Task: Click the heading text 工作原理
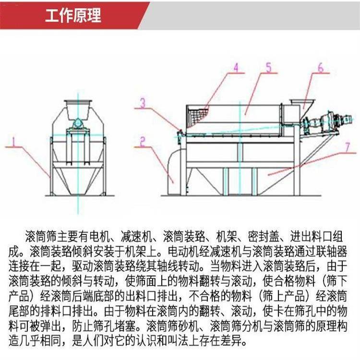coord(73,15)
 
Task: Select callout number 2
coord(143,142)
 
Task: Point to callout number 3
coord(143,103)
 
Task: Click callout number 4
coord(236,68)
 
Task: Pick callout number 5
coord(268,67)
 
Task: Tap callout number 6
coord(320,67)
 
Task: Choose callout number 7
coord(348,147)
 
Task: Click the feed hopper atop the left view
coord(78,109)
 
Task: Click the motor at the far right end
coord(343,120)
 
